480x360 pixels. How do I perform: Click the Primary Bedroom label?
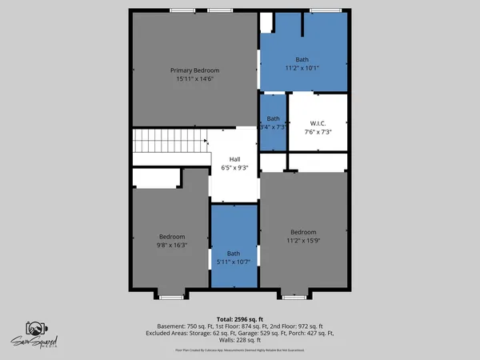pyautogui.click(x=194, y=70)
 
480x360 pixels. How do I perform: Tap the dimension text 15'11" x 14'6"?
pyautogui.click(x=194, y=79)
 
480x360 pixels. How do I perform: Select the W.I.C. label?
pyautogui.click(x=318, y=123)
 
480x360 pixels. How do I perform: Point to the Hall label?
pyautogui.click(x=234, y=159)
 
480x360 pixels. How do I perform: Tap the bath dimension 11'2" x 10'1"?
pyautogui.click(x=302, y=69)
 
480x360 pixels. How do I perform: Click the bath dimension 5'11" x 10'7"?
pyautogui.click(x=234, y=261)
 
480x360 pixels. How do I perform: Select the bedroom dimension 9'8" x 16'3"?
pyautogui.click(x=172, y=246)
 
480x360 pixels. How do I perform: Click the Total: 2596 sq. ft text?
pyautogui.click(x=240, y=318)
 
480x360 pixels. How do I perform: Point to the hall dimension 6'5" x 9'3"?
pyautogui.click(x=234, y=168)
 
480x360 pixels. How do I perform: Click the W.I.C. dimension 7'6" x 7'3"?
pyautogui.click(x=318, y=132)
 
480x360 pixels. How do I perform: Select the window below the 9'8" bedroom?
pyautogui.click(x=171, y=297)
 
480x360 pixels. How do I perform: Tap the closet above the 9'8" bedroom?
pyautogui.click(x=157, y=178)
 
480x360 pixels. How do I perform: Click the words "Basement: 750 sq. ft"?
pyautogui.click(x=178, y=326)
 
